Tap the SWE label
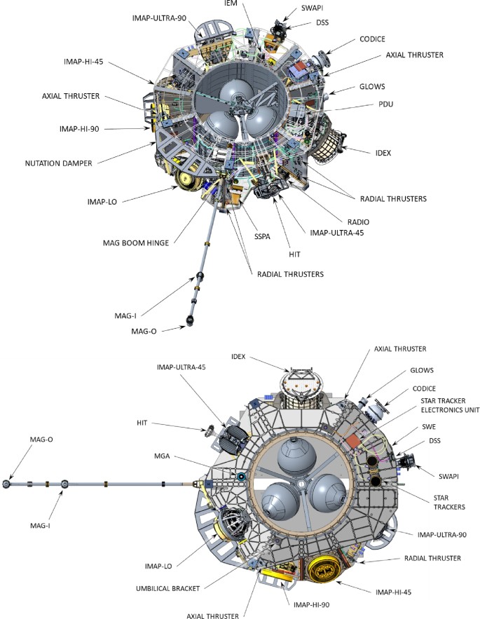pos(430,426)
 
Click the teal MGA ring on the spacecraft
pos(241,477)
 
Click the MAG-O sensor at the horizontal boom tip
pos(8,484)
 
